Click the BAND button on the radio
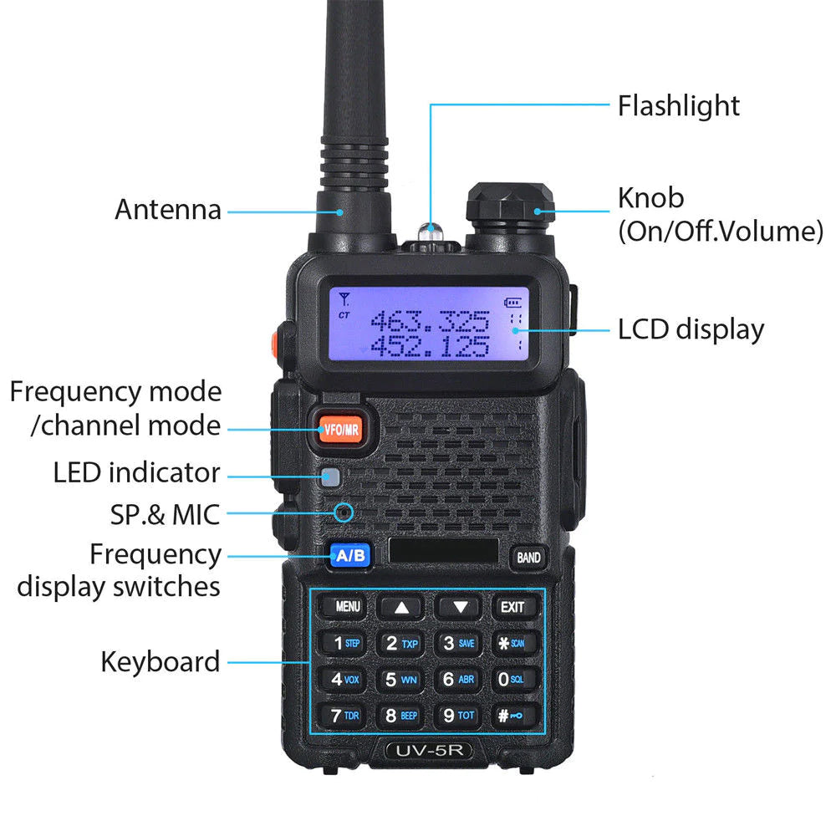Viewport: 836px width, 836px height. coord(528,557)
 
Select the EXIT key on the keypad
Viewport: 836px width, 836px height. coord(512,607)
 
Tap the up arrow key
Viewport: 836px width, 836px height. coord(402,608)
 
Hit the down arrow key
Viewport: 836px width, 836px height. coord(459,608)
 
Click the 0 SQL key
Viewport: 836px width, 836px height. coord(512,680)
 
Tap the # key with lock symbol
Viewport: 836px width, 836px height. coord(512,716)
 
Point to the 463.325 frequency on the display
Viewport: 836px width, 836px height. coord(430,321)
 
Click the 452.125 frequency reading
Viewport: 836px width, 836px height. coord(430,346)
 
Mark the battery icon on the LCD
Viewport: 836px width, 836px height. coord(511,303)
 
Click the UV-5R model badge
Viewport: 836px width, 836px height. coord(429,751)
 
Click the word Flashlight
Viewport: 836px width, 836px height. coord(678,106)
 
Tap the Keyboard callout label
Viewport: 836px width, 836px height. coord(161,662)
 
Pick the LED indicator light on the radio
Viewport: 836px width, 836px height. coord(331,478)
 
